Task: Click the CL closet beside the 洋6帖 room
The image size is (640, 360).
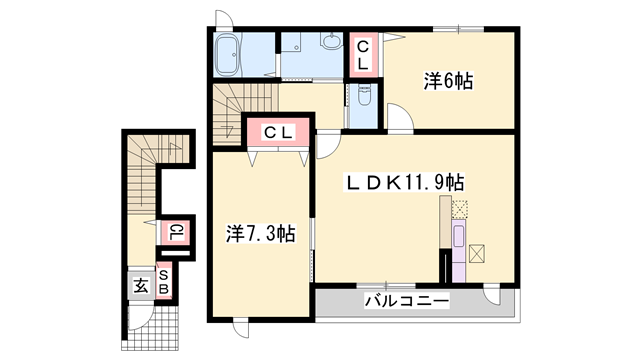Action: [x=363, y=54]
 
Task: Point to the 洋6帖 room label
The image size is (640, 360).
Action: [x=447, y=82]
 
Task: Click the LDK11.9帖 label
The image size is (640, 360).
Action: [x=403, y=183]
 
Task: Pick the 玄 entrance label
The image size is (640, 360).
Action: [x=140, y=286]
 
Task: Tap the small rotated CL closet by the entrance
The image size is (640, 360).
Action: [x=174, y=234]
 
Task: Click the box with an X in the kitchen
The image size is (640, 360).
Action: [x=477, y=253]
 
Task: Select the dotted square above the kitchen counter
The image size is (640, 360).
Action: [x=460, y=209]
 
